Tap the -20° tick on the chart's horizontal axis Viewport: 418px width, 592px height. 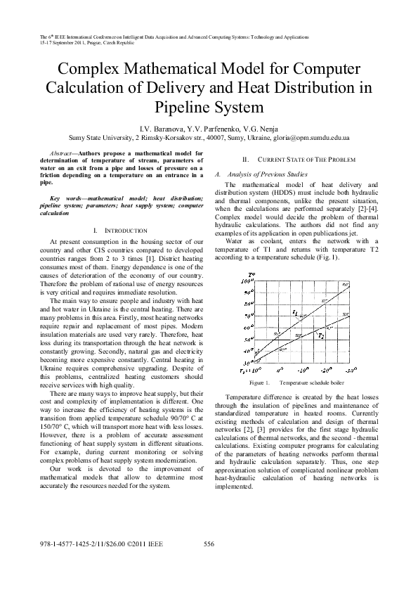click(327, 368)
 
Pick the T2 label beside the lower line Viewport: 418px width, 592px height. click(321, 335)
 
